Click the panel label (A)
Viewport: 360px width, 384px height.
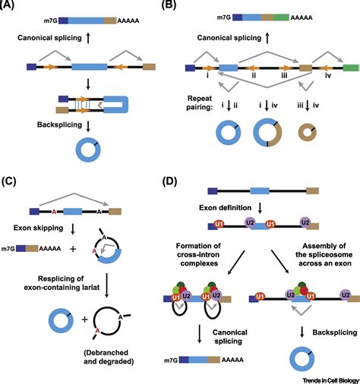pyautogui.click(x=13, y=7)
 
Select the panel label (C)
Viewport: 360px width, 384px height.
pyautogui.click(x=13, y=180)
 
